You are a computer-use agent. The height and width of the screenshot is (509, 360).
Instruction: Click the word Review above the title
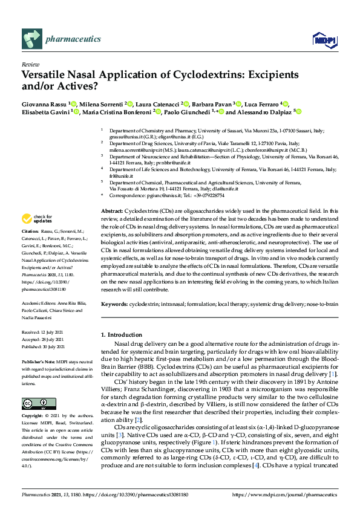coord(30,64)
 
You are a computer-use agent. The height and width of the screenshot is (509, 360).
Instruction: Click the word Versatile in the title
coord(44,76)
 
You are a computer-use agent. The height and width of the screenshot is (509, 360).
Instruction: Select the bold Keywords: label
coord(116,304)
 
